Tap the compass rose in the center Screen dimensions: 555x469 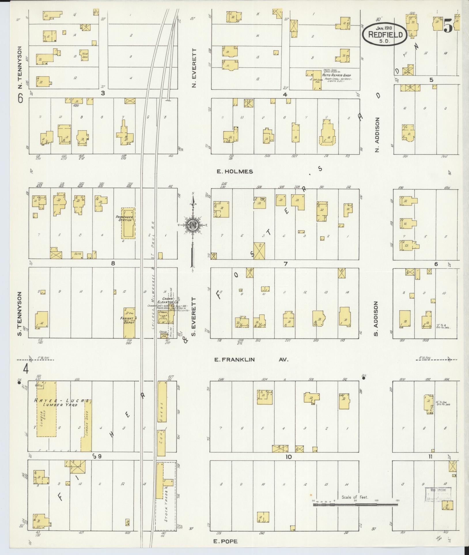192,225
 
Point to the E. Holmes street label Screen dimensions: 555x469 235,172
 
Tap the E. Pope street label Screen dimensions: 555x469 226,541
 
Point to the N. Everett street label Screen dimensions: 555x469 194,68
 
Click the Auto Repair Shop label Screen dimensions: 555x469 336,75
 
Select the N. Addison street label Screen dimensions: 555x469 378,135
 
